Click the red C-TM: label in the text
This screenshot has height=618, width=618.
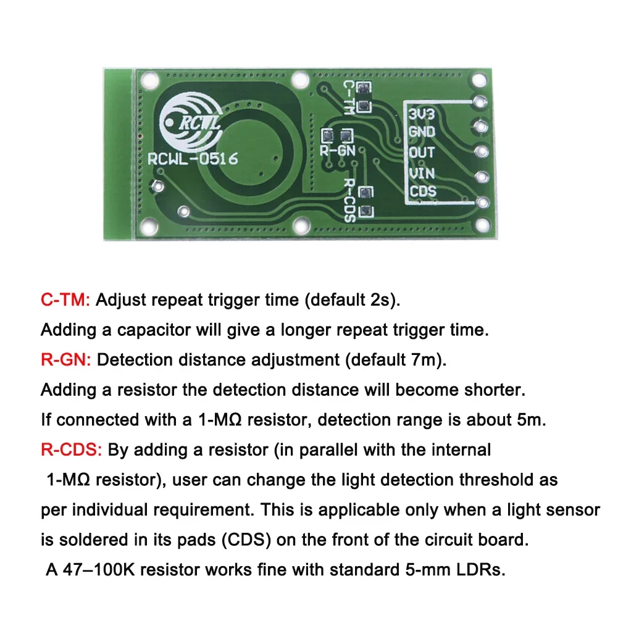pyautogui.click(x=65, y=301)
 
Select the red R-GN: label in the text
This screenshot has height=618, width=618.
pyautogui.click(x=65, y=361)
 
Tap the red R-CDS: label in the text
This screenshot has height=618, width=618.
pyautogui.click(x=71, y=450)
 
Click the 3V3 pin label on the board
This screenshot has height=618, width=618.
pyautogui.click(x=422, y=114)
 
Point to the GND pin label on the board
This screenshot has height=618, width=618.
pyautogui.click(x=422, y=132)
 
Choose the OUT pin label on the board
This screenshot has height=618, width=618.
pyautogui.click(x=422, y=151)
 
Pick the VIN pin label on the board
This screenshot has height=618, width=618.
pyautogui.click(x=422, y=172)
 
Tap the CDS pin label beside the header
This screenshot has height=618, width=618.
pyautogui.click(x=423, y=191)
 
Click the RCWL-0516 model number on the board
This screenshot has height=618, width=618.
pyautogui.click(x=193, y=159)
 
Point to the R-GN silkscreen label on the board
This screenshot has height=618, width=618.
pyautogui.click(x=336, y=149)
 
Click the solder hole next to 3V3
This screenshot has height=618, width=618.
pyautogui.click(x=480, y=101)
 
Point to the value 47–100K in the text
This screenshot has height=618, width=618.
pyautogui.click(x=98, y=569)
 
